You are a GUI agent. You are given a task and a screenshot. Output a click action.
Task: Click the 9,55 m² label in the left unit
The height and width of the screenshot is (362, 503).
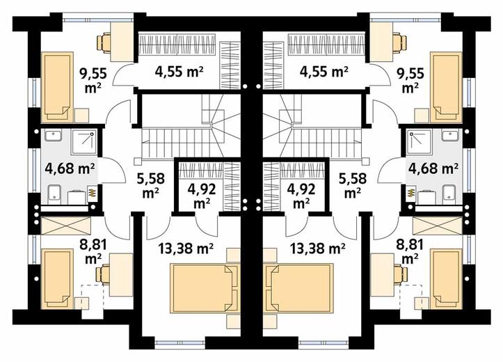[93, 80]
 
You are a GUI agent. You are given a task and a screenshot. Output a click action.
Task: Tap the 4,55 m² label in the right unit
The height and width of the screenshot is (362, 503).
[324, 72]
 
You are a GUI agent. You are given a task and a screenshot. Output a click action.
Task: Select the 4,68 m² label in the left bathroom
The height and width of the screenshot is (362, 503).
[70, 168]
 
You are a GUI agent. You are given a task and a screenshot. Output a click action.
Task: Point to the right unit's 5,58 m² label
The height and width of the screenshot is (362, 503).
[352, 185]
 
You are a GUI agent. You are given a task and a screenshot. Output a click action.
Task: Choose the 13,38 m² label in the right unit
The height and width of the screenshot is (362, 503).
[317, 248]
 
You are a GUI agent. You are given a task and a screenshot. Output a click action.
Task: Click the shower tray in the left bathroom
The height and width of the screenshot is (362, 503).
[84, 141]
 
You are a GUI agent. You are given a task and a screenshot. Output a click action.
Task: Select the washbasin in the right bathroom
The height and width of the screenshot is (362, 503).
[452, 135]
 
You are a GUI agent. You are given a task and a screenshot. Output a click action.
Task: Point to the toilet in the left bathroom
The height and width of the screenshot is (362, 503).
[54, 194]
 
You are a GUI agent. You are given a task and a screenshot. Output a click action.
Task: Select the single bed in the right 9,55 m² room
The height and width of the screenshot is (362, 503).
[446, 87]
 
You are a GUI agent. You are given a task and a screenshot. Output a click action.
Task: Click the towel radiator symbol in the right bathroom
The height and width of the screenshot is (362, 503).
[410, 194]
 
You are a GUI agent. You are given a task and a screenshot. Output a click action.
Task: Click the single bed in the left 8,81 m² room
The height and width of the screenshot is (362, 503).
[57, 278]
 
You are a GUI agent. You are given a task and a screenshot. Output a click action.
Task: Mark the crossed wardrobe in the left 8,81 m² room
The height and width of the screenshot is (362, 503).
[66, 225]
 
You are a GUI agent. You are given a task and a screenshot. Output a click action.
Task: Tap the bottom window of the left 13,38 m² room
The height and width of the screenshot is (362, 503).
[179, 343]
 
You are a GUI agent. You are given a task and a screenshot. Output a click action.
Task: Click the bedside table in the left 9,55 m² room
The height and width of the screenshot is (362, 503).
[82, 116]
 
